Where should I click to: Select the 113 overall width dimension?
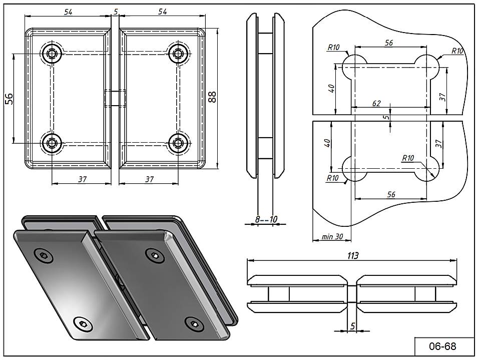(x=353, y=255)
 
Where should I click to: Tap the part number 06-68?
(x=442, y=346)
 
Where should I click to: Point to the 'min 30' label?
(x=332, y=237)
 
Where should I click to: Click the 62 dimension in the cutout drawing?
(x=376, y=103)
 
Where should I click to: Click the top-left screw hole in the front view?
(x=52, y=54)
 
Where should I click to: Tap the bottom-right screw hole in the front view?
(x=177, y=143)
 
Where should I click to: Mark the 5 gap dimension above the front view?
(x=115, y=11)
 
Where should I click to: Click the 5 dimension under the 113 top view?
(x=353, y=326)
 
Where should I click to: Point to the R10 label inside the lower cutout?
(x=407, y=158)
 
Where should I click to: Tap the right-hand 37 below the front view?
(x=149, y=179)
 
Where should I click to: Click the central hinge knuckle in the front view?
(x=115, y=98)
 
